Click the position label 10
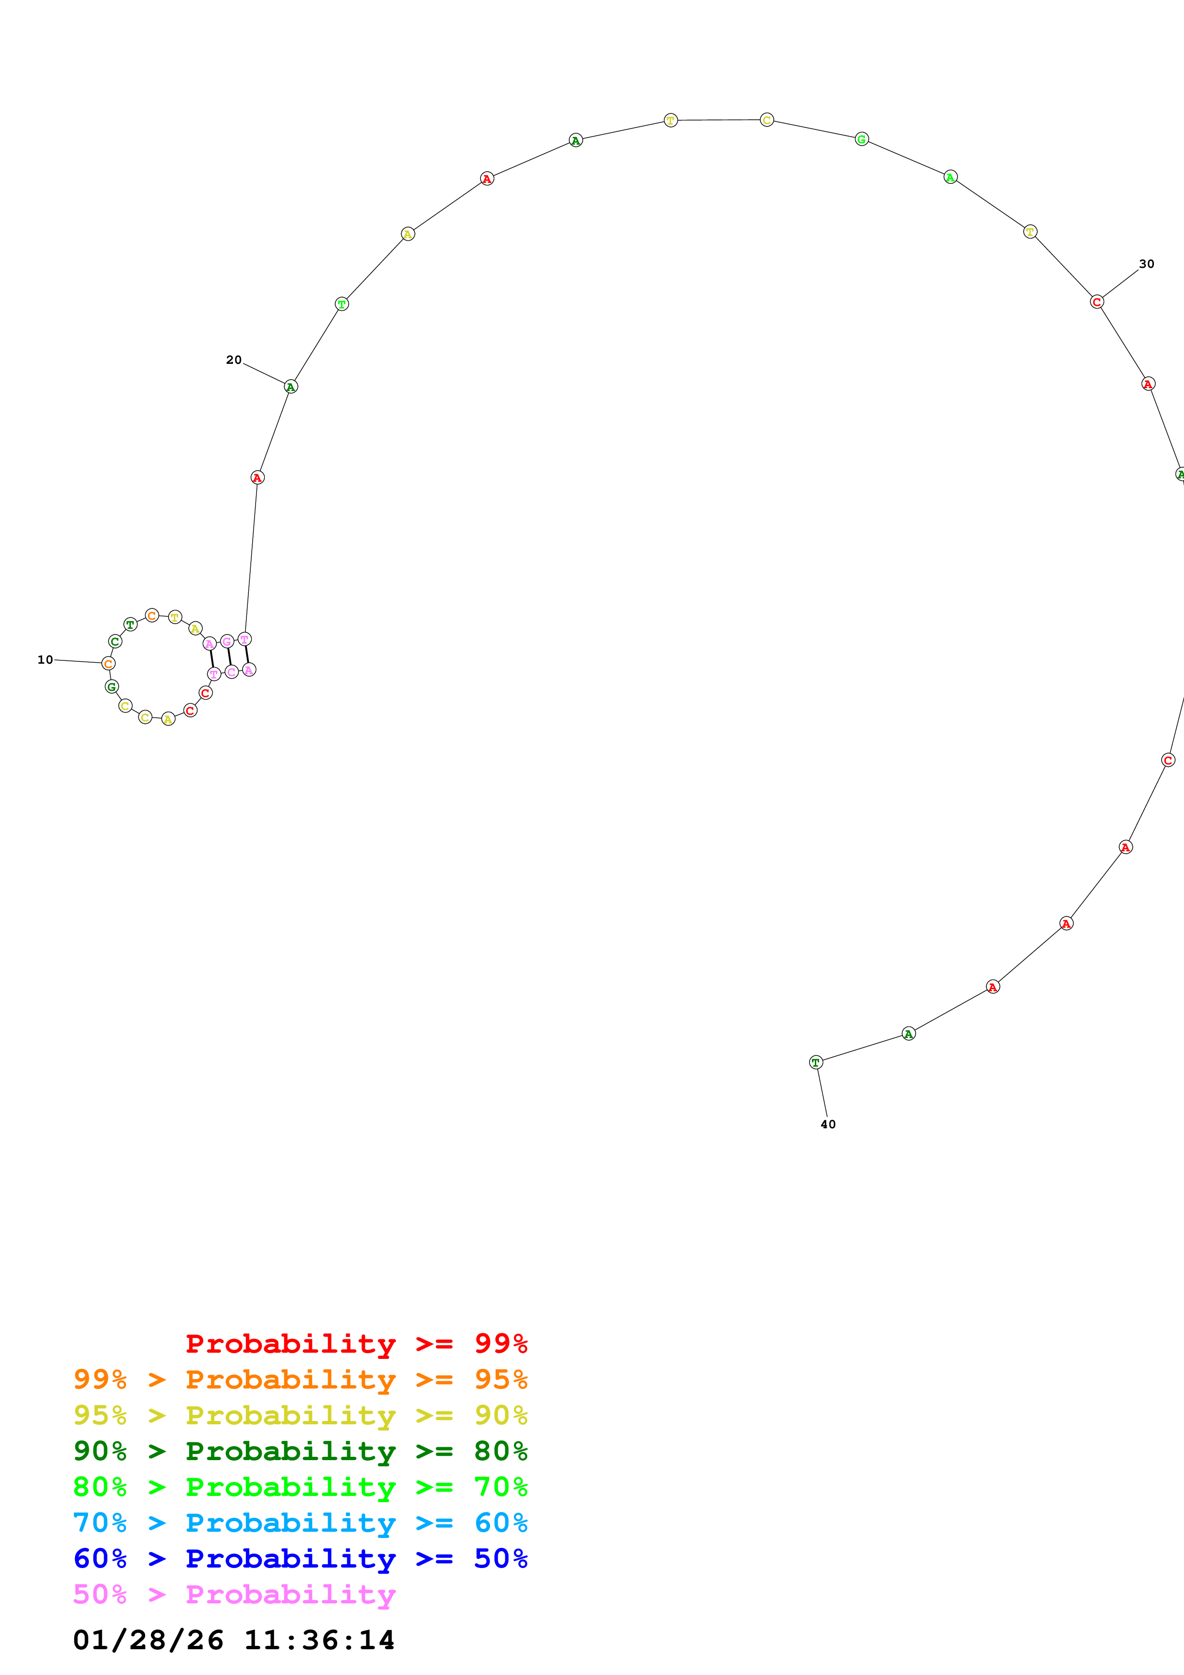(x=45, y=659)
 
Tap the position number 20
(x=234, y=360)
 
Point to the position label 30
(x=1147, y=264)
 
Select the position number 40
(x=828, y=1124)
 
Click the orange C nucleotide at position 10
(x=109, y=663)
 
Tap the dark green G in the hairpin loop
(x=112, y=687)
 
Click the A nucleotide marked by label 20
(x=291, y=387)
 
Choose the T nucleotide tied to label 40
(x=816, y=1062)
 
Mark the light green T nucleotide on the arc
(x=341, y=304)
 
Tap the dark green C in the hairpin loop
(x=115, y=641)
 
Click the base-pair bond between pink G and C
(x=229, y=657)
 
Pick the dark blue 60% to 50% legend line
(x=300, y=1558)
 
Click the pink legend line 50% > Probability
(x=234, y=1594)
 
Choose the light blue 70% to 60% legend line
(x=300, y=1523)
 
